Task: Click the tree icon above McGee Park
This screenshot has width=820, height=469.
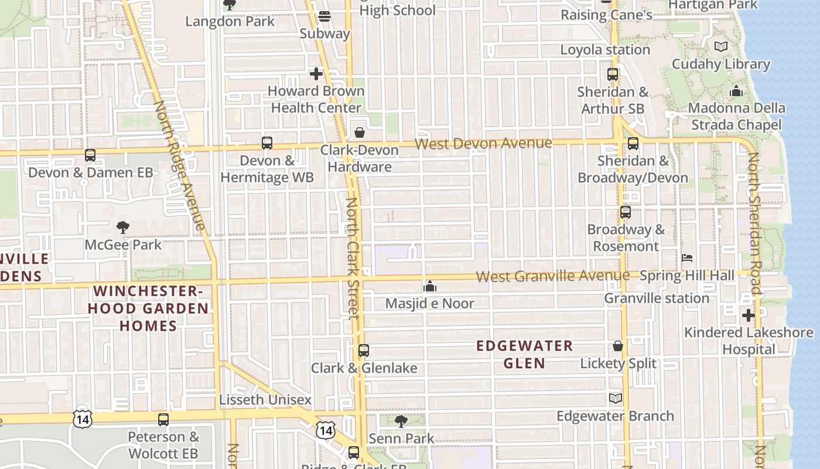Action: point(122,227)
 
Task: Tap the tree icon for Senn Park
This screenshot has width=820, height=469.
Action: point(401,421)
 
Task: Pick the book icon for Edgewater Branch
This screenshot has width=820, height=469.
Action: point(615,399)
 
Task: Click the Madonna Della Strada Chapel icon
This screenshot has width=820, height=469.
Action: point(736,91)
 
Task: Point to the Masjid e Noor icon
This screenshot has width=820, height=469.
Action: point(430,286)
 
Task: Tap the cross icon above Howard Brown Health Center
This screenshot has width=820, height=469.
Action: point(316,74)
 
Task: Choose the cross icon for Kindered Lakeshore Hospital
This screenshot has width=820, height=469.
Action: point(748,315)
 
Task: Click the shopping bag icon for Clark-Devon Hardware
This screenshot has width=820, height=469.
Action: point(360,132)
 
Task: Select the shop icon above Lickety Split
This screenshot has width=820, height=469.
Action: point(617,346)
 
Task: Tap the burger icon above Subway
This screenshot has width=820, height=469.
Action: point(324,16)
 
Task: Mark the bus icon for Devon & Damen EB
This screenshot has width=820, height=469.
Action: point(90,155)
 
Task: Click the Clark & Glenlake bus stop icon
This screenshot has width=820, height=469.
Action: point(364,351)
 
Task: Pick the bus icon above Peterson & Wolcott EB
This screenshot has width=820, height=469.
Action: point(163,420)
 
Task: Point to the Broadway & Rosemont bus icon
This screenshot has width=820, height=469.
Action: point(626,212)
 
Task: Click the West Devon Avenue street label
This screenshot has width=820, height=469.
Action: point(483,144)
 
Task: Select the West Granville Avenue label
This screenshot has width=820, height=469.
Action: point(552,276)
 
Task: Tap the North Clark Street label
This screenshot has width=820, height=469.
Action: point(352,258)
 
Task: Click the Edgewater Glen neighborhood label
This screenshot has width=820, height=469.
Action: point(524,354)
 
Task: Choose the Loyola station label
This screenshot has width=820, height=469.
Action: point(605,50)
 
